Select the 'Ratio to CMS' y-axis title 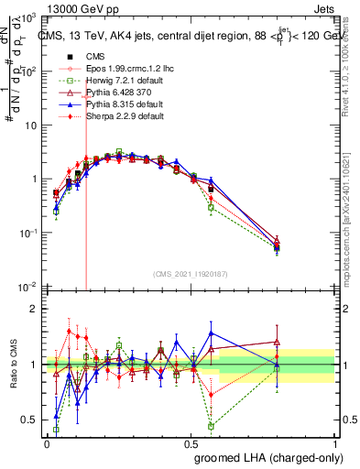pos(13,365)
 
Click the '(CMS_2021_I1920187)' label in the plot pos(190,273)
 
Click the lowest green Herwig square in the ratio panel pos(211,427)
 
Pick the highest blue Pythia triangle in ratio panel pos(211,333)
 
